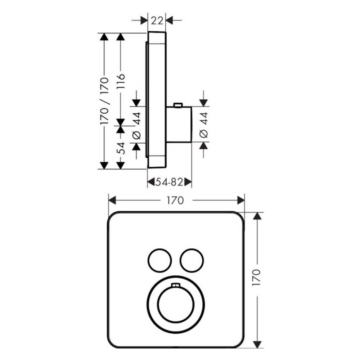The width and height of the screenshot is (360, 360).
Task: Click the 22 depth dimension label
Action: (x=157, y=20)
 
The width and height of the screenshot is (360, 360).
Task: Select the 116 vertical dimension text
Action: (x=121, y=82)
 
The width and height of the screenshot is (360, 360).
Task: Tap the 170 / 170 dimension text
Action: (x=104, y=101)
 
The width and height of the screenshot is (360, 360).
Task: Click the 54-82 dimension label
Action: (x=170, y=183)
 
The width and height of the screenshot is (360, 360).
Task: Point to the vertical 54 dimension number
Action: (x=121, y=148)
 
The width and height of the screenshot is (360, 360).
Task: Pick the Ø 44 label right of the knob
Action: (x=204, y=125)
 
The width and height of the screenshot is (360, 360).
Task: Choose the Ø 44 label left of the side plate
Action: (x=136, y=125)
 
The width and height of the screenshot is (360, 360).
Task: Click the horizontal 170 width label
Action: (x=175, y=200)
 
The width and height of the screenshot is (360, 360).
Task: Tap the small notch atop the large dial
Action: (x=175, y=285)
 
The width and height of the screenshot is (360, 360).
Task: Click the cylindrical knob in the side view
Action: (x=179, y=124)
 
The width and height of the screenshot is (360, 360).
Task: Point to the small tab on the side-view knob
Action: (x=177, y=105)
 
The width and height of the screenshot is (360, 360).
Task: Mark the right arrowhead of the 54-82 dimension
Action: (x=188, y=183)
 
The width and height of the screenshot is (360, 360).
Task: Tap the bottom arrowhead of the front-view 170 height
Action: (x=257, y=345)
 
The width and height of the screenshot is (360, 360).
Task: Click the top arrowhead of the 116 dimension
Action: (x=121, y=37)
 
